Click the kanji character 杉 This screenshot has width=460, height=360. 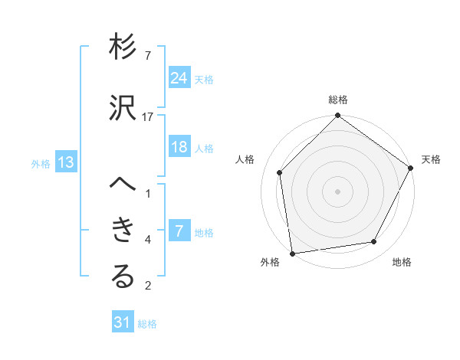(123, 48)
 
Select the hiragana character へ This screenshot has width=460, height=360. (123, 185)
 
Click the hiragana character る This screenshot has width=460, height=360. (123, 277)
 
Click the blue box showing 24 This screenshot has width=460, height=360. (179, 77)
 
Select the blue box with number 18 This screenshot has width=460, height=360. (179, 147)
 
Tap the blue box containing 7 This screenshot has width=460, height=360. (179, 231)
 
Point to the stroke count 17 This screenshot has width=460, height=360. (148, 117)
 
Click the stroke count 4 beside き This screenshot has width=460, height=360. (148, 240)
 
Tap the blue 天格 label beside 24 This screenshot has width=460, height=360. (204, 79)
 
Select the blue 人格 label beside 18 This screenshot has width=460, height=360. (204, 149)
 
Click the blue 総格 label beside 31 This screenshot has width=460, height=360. (147, 324)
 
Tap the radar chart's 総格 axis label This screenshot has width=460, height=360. (338, 100)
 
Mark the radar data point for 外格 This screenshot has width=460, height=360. (292, 253)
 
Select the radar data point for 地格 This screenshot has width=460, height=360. (374, 241)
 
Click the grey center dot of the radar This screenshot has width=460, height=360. (338, 191)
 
